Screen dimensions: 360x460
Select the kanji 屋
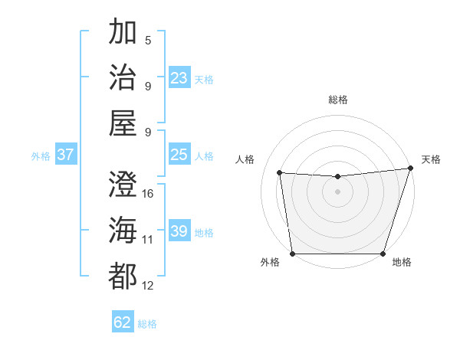coord(123,123)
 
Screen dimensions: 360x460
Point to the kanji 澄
coord(123,184)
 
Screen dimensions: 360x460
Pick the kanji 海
coord(123,230)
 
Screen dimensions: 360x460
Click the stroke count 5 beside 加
coord(148,41)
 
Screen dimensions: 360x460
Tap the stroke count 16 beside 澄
coord(148,194)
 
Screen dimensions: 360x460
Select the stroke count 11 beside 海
coord(148,240)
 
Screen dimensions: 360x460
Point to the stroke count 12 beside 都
coord(148,286)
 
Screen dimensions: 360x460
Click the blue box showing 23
coord(179,77)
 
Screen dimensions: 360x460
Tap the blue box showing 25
coord(179,155)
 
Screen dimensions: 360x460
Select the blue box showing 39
coord(179,231)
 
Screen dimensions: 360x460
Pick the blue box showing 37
coord(66,155)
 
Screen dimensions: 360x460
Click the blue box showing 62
coord(123,322)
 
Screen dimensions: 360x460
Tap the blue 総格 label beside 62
coord(147,323)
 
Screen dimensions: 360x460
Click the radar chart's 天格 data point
coord(410,169)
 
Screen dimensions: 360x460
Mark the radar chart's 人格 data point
coord(280,173)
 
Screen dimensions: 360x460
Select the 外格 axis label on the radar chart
coord(270,263)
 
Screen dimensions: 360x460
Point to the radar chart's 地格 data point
coord(383,254)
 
